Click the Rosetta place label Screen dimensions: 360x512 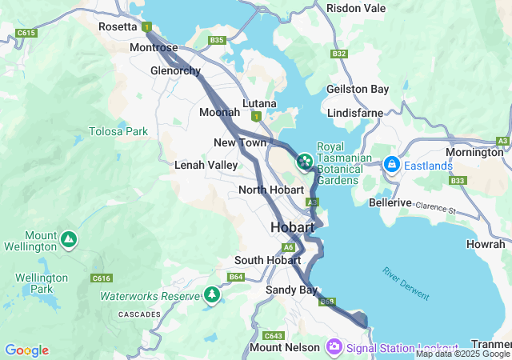click(x=118, y=26)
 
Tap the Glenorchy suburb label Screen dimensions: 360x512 click(x=175, y=70)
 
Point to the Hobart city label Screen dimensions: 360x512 click(x=292, y=227)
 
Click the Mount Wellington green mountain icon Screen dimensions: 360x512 click(x=70, y=238)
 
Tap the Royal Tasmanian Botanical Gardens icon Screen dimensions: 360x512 click(x=304, y=162)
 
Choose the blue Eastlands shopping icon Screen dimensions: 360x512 click(x=392, y=166)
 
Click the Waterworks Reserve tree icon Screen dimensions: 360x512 click(x=212, y=295)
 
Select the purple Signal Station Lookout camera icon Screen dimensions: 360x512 click(x=334, y=347)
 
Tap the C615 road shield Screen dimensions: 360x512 click(x=26, y=33)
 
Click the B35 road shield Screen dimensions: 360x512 click(x=217, y=40)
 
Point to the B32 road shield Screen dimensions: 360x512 click(x=339, y=54)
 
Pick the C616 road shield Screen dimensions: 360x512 click(x=102, y=278)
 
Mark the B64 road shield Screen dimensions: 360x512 click(x=235, y=277)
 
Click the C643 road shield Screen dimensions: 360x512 click(x=274, y=335)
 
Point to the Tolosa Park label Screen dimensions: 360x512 click(x=118, y=130)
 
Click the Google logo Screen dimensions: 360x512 click(x=26, y=350)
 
